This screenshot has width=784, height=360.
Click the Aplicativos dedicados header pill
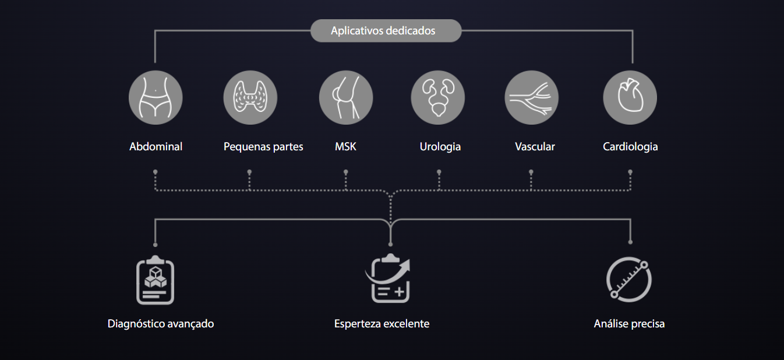coord(386,31)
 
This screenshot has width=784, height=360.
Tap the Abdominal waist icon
coord(156,97)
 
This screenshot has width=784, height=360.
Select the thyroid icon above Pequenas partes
coord(250,97)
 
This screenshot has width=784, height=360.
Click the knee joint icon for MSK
coord(346,97)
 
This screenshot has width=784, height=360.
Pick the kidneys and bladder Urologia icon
coord(438,97)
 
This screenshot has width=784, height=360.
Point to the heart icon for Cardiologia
coord(630,97)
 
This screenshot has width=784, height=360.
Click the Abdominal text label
coord(156,146)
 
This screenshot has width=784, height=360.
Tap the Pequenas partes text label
coord(263,146)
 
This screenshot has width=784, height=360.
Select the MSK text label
coord(345,146)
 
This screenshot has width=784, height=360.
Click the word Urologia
coord(440,146)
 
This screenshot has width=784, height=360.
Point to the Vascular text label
coord(535,146)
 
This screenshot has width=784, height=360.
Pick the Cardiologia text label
coord(630,146)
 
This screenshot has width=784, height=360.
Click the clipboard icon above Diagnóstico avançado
coord(155,280)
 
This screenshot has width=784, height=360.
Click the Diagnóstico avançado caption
coord(161,324)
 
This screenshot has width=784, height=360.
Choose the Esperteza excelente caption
coord(382,324)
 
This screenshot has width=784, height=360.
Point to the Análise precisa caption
coord(629,324)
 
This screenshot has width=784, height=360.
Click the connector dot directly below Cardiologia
coord(630,172)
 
